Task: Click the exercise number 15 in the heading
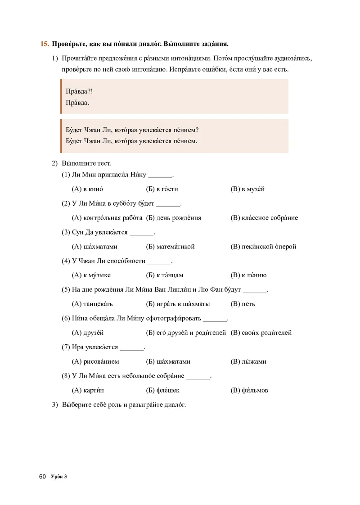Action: (44, 44)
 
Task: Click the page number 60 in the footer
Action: (43, 476)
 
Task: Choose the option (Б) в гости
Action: (162, 189)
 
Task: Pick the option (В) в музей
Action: (247, 189)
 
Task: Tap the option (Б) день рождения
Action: (174, 218)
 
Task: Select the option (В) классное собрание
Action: (264, 218)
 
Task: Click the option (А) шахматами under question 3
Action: (94, 247)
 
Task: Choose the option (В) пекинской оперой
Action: (263, 247)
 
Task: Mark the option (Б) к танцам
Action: (165, 275)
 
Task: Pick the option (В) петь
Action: (243, 304)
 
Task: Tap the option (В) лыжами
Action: (249, 361)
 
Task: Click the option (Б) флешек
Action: (163, 390)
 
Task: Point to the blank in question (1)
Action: (160, 176)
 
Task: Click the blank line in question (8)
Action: (198, 377)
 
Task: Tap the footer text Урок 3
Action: (59, 476)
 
